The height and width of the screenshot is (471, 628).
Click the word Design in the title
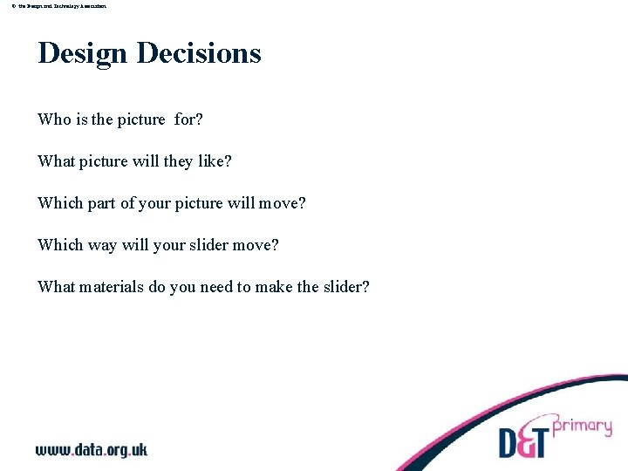click(x=82, y=53)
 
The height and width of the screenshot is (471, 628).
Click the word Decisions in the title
click(x=199, y=53)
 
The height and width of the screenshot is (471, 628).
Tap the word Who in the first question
click(x=54, y=119)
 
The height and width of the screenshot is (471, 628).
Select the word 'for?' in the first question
click(x=188, y=119)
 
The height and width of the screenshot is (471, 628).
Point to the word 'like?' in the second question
click(x=215, y=161)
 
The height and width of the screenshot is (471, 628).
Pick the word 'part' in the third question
click(x=101, y=203)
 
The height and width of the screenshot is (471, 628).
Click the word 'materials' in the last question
click(x=112, y=287)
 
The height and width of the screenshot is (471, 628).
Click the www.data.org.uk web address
click(x=92, y=449)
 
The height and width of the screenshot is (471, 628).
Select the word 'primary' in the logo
click(x=582, y=427)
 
